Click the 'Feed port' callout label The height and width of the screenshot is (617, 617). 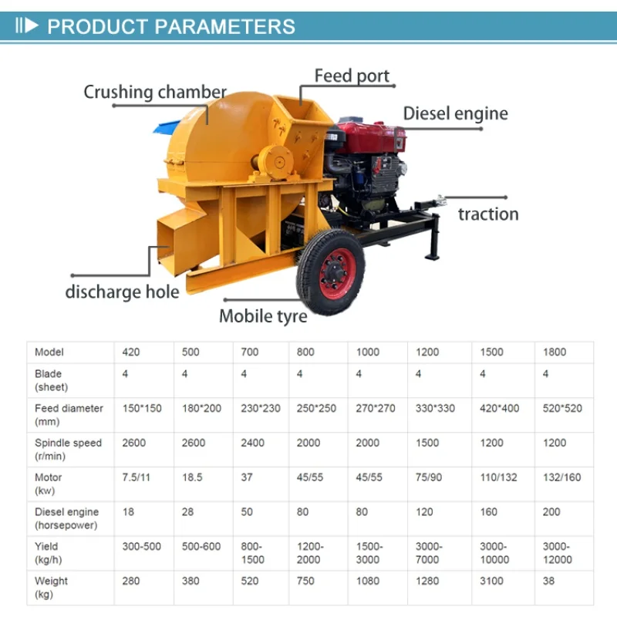pos(352,76)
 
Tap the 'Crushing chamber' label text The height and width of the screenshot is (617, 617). pos(155,92)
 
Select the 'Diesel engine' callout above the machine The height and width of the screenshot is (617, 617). pos(456,113)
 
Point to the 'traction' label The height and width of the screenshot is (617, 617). pos(488,214)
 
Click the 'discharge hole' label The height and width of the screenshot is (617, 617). pos(122,292)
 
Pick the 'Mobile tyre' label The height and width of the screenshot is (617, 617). pos(263,316)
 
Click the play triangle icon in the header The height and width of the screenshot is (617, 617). pos(32,26)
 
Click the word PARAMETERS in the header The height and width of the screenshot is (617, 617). pos(224,27)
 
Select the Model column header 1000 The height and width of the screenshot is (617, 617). pos(368,352)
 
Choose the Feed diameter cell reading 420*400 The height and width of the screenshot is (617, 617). pos(499,409)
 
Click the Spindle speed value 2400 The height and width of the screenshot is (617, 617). pos(253,443)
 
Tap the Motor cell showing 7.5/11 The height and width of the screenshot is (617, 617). pos(137,477)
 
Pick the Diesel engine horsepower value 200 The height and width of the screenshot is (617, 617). pos(551,512)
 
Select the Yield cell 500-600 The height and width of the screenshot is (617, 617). pos(201,547)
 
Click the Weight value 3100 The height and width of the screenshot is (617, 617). pos(491,582)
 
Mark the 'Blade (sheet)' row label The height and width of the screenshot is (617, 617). pos(51,380)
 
